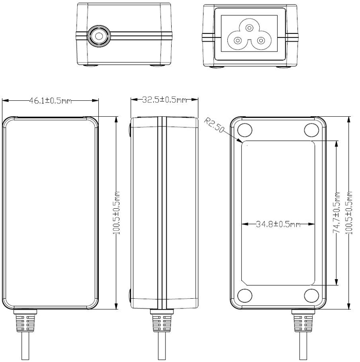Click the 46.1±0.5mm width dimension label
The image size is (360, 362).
[x=50, y=101]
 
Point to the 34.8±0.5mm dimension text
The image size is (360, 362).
[x=278, y=224]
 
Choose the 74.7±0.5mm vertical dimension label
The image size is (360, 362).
[x=337, y=214]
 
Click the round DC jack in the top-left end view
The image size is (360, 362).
[x=97, y=36]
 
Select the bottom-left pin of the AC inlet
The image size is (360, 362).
[x=238, y=40]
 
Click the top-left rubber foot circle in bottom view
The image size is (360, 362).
[x=245, y=130]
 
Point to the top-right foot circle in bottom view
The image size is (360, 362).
[x=311, y=130]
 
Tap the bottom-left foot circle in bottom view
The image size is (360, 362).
[x=245, y=295]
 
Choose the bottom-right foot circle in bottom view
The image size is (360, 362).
[x=311, y=295]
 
